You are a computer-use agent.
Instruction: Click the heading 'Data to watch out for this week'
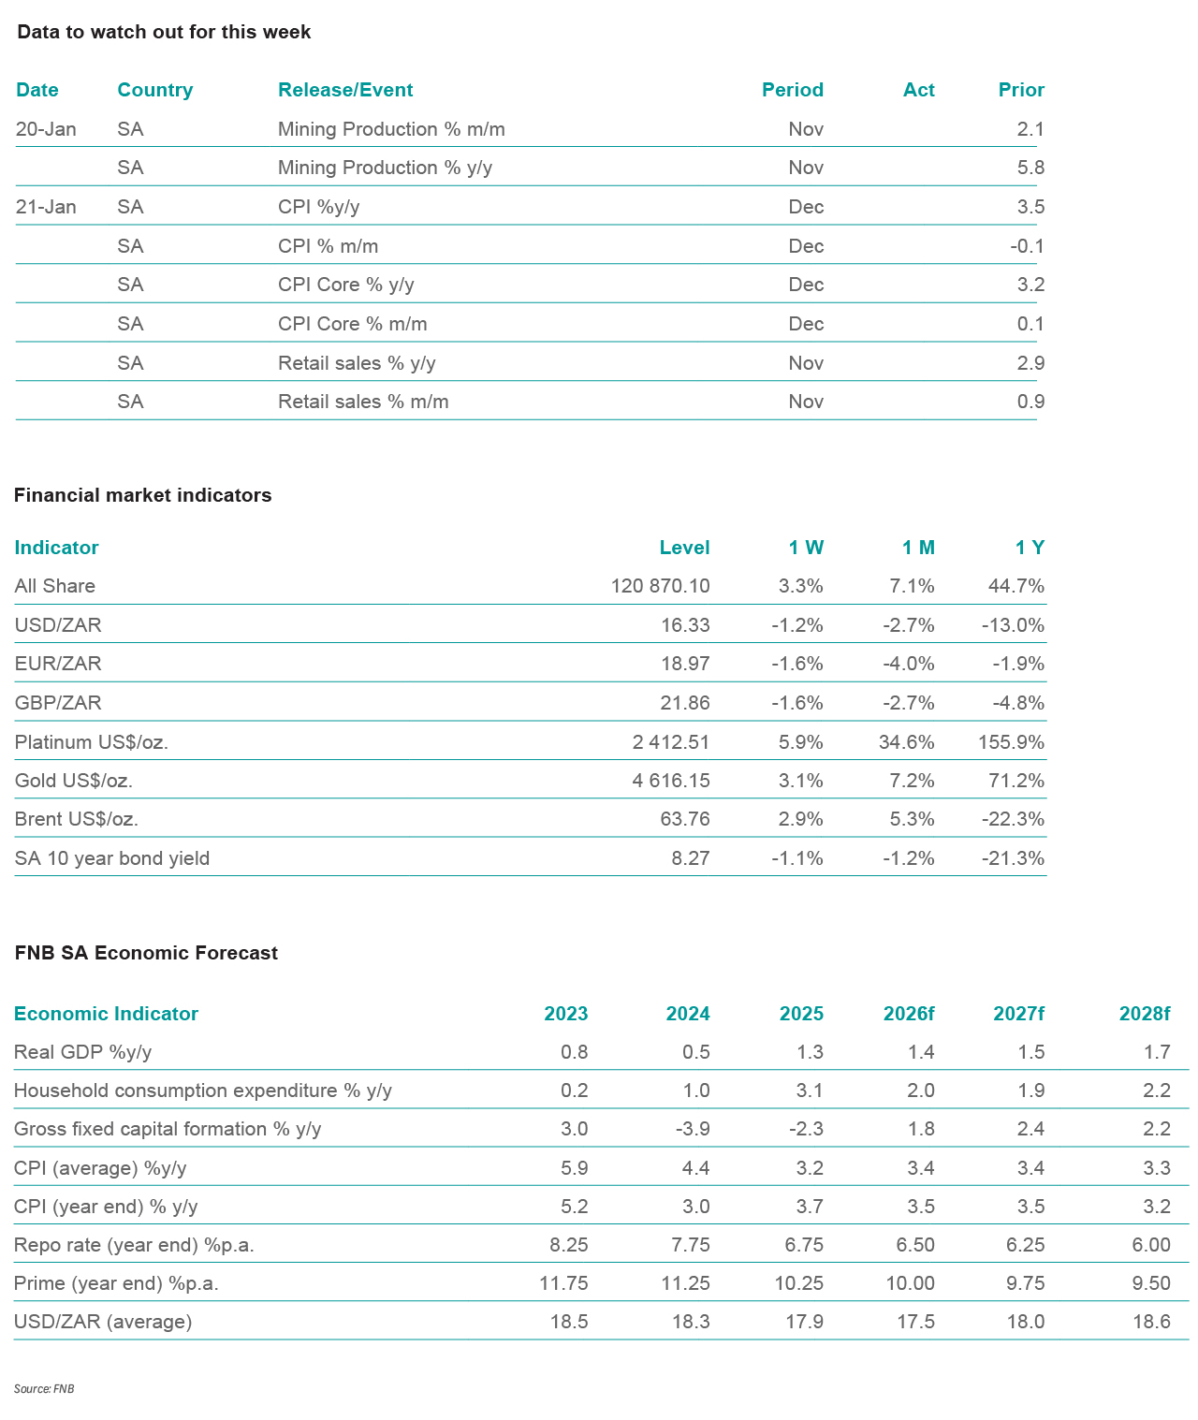(164, 32)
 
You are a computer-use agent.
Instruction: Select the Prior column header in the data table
(1020, 90)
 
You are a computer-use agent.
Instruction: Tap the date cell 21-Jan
(46, 207)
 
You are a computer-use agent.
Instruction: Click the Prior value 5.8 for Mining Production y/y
(1030, 168)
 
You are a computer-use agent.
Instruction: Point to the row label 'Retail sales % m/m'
(363, 402)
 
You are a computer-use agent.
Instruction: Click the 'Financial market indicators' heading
(142, 495)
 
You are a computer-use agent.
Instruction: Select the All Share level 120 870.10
(660, 586)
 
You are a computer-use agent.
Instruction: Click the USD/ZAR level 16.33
(685, 625)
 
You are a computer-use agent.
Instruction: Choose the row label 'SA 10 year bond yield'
(111, 858)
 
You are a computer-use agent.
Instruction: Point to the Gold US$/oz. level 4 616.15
(670, 781)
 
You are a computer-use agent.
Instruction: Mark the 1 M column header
(917, 548)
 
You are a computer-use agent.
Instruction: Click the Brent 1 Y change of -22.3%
(1013, 819)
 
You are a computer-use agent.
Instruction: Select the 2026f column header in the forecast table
(908, 1014)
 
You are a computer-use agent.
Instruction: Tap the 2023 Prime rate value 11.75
(563, 1283)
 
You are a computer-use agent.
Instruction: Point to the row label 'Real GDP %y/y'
(82, 1052)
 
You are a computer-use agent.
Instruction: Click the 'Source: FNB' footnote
(44, 1389)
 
